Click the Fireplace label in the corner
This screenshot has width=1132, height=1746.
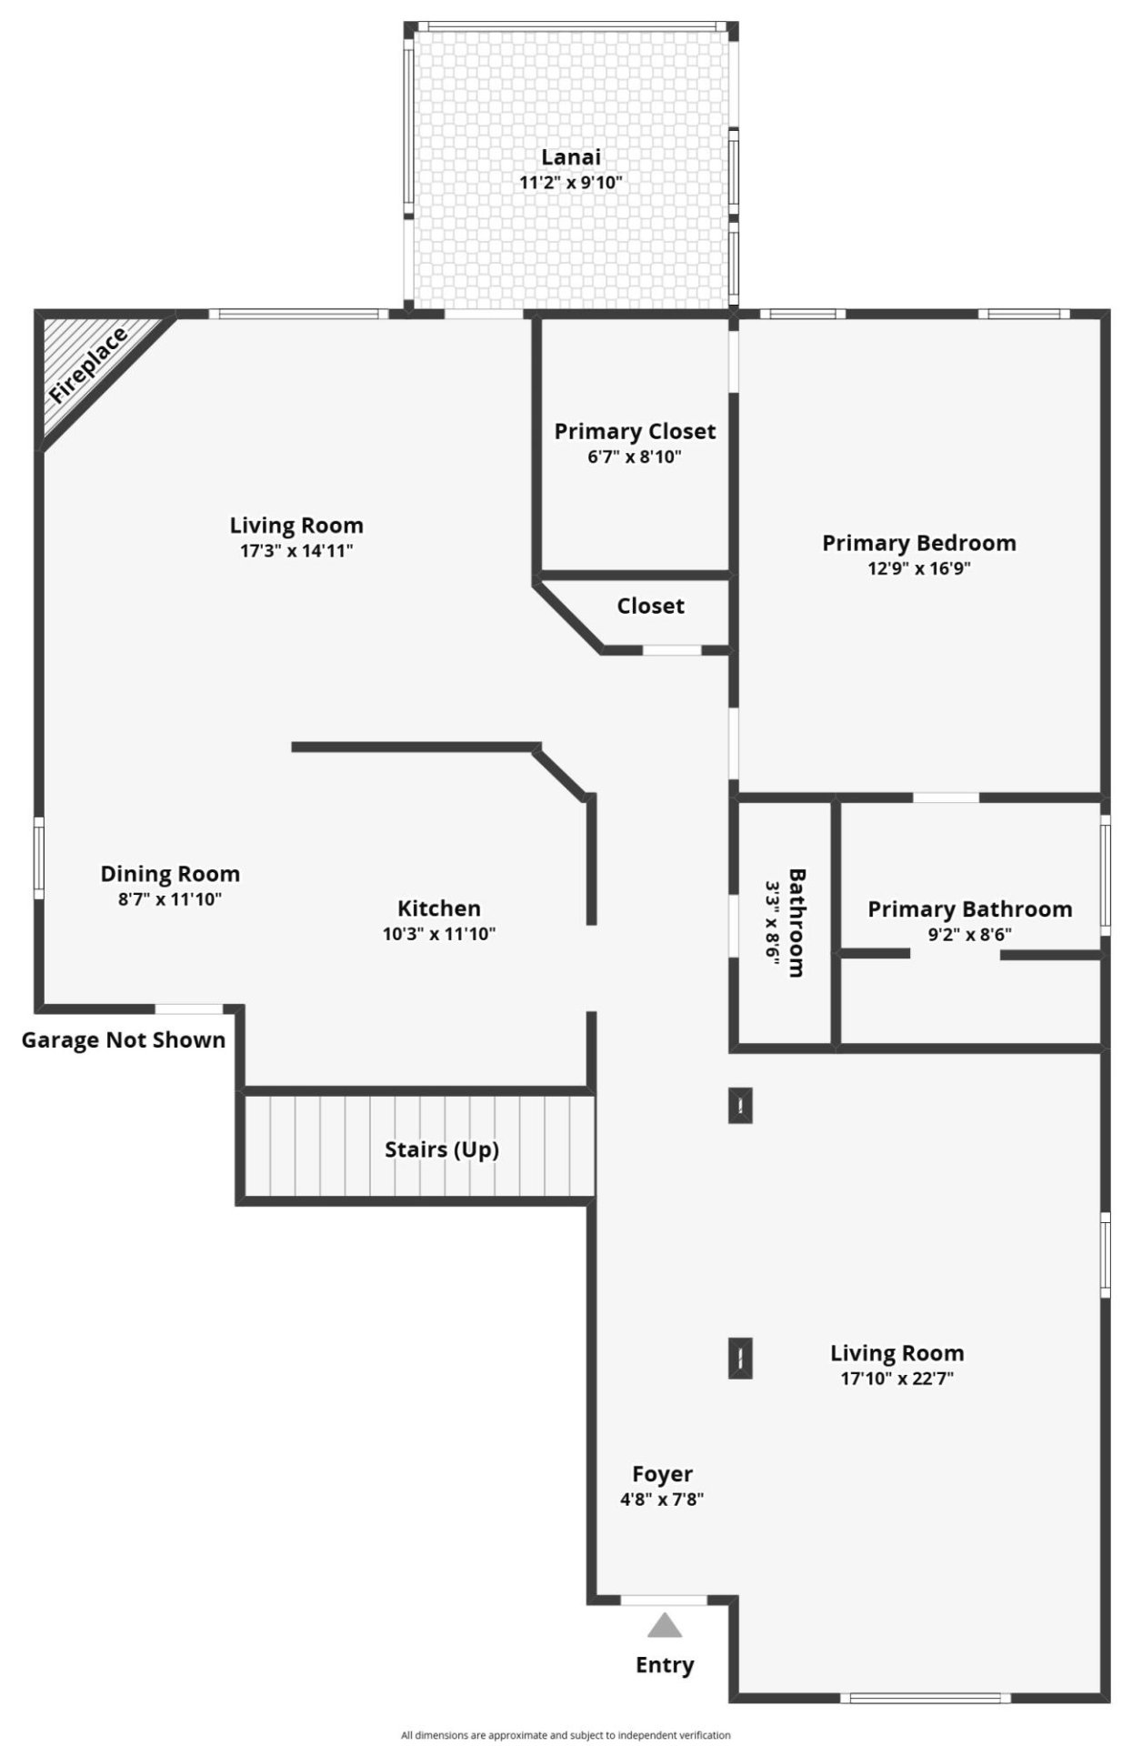click(x=88, y=366)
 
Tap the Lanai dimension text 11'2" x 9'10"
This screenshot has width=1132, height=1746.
click(x=570, y=182)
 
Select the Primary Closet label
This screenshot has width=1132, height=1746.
click(x=635, y=431)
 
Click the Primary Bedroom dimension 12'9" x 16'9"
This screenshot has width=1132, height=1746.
click(x=918, y=568)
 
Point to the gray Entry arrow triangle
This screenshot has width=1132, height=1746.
click(x=665, y=1625)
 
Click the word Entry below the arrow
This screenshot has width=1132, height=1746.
click(x=665, y=1665)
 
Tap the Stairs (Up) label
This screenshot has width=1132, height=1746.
click(x=441, y=1149)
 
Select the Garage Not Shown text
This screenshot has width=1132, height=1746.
click(x=124, y=1040)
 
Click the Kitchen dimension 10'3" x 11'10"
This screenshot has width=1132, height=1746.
click(x=439, y=933)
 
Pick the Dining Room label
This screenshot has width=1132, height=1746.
click(x=170, y=874)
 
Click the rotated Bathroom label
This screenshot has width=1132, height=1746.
click(x=796, y=922)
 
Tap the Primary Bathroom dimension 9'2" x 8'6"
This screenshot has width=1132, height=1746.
click(x=969, y=933)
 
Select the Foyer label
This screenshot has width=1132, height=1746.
click(x=662, y=1474)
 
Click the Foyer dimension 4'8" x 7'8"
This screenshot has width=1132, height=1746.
click(x=662, y=1499)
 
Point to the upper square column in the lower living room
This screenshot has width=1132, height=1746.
click(x=741, y=1105)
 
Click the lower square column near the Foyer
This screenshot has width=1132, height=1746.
click(x=741, y=1359)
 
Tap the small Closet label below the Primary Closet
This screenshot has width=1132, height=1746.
click(x=650, y=606)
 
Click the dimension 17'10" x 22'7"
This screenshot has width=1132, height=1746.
click(x=897, y=1378)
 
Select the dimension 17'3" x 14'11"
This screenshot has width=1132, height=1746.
click(x=296, y=550)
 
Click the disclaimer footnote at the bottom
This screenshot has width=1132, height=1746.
click(x=566, y=1735)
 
